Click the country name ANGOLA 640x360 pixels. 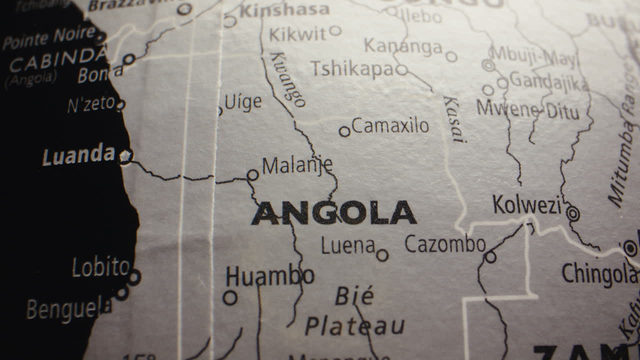(333, 213)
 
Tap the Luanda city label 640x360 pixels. (78, 155)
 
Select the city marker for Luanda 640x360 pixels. (125, 156)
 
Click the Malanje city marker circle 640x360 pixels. (253, 175)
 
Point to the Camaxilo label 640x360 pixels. (390, 126)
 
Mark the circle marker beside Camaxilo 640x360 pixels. (344, 131)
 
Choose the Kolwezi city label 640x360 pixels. (527, 205)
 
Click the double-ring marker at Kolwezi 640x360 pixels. (573, 214)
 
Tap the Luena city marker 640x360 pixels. (382, 255)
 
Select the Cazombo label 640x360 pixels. (445, 244)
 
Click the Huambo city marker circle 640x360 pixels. (230, 298)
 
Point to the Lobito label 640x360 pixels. (101, 267)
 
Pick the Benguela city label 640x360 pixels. (69, 308)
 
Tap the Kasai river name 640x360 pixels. (454, 119)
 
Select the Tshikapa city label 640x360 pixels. (352, 69)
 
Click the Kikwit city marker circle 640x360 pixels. (335, 31)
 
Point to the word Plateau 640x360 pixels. (354, 326)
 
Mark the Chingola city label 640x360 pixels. (599, 273)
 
